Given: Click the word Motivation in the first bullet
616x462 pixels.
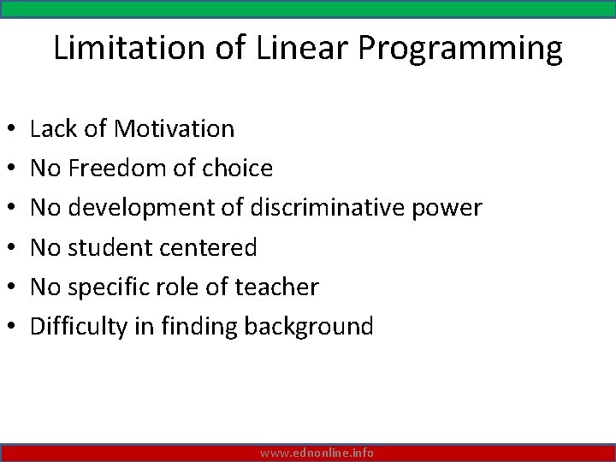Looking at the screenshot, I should coord(174,129).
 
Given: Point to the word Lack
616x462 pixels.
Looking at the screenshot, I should coord(52,129).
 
